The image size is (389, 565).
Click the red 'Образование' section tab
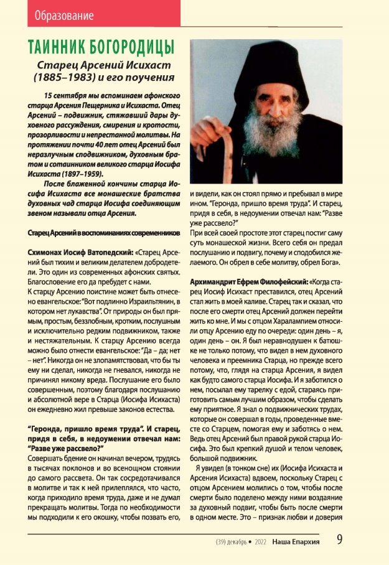point(65,14)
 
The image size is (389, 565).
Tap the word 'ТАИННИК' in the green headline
point(57,48)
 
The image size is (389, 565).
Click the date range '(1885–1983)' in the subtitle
point(61,78)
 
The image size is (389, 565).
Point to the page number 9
point(340,539)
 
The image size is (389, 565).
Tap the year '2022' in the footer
point(260,542)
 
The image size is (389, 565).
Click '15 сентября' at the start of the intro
point(68,98)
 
